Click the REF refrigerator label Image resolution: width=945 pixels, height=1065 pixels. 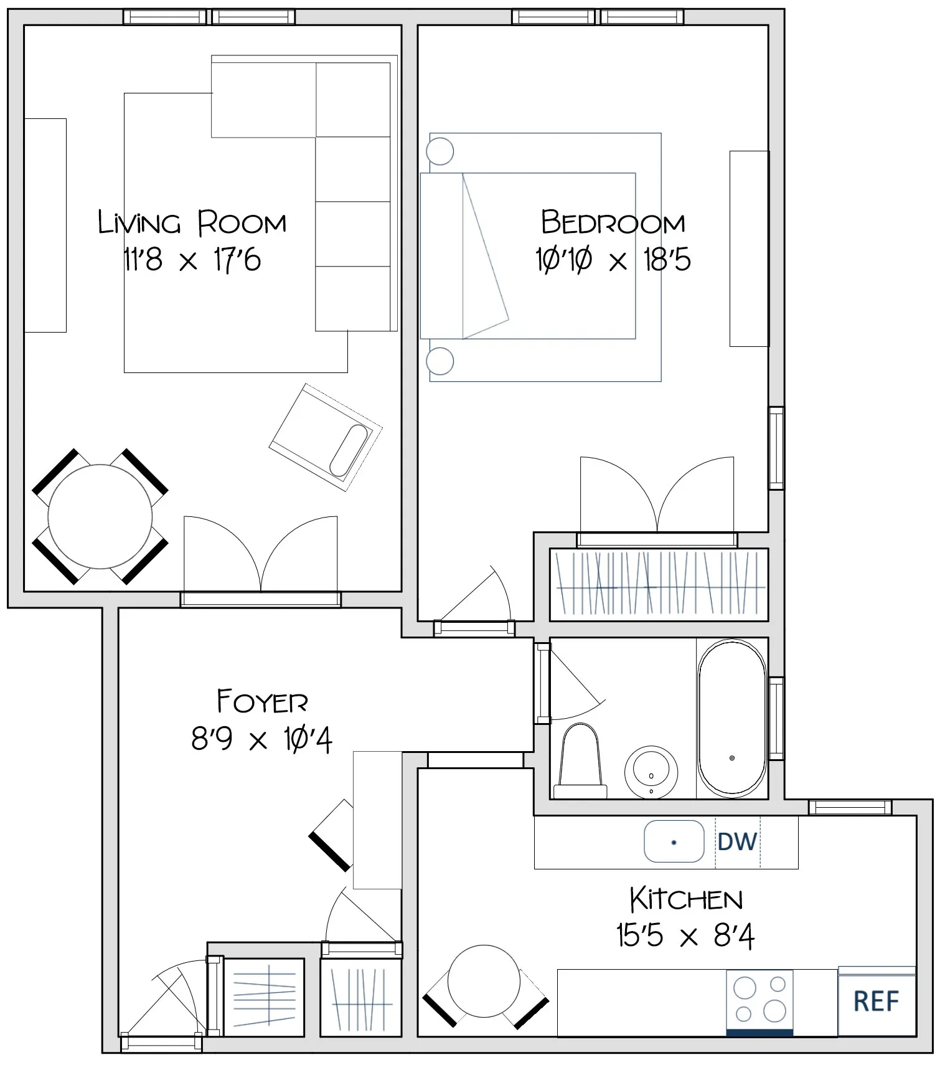pyautogui.click(x=876, y=1001)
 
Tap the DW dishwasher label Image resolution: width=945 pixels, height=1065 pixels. pyautogui.click(x=737, y=841)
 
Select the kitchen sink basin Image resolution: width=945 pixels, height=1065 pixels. pyautogui.click(x=674, y=841)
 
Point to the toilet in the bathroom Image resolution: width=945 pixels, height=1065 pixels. pyautogui.click(x=580, y=763)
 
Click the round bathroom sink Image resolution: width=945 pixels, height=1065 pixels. pyautogui.click(x=651, y=771)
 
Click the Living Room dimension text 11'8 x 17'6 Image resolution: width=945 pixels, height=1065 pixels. pyautogui.click(x=192, y=259)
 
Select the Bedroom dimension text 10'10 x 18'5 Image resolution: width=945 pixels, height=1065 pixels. pyautogui.click(x=613, y=259)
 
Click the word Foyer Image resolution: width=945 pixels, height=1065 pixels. pyautogui.click(x=262, y=702)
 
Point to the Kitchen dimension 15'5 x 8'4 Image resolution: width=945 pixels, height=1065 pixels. pyautogui.click(x=685, y=935)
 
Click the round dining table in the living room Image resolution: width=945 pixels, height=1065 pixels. pyautogui.click(x=100, y=516)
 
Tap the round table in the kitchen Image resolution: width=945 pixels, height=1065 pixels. pyautogui.click(x=484, y=981)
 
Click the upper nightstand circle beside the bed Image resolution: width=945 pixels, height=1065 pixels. pyautogui.click(x=440, y=151)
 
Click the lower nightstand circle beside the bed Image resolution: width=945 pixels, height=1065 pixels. pyautogui.click(x=440, y=361)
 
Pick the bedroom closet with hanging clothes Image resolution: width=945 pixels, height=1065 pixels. pyautogui.click(x=659, y=584)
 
